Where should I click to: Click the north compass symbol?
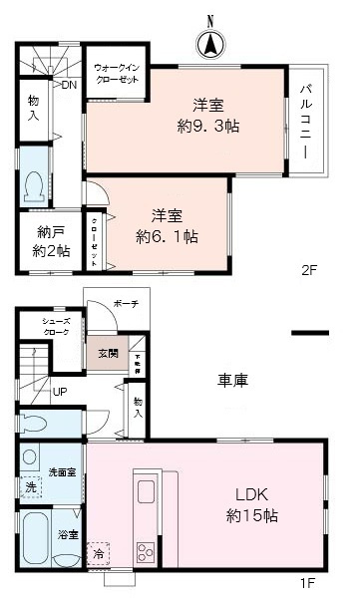[210, 43]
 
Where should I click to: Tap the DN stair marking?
[68, 86]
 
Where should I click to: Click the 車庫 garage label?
[233, 380]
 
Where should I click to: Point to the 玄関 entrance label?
[107, 352]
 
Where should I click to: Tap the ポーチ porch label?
[126, 304]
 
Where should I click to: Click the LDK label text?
[250, 495]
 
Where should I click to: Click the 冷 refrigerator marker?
[98, 550]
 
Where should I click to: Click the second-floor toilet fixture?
[36, 186]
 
